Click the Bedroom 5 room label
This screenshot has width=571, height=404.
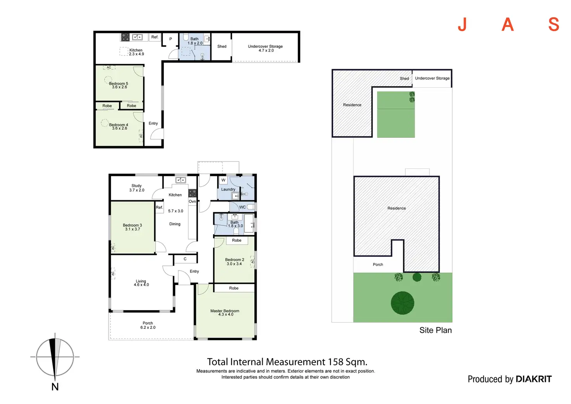pos(118,83)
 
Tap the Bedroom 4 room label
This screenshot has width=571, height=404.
pos(118,125)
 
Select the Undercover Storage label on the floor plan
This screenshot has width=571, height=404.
pos(265,47)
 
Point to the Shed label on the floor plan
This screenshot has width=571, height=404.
pos(222,47)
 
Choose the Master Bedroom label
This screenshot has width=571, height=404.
pos(225,311)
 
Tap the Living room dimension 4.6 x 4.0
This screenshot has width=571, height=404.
pos(141,285)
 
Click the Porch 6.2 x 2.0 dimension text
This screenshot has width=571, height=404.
pos(148,328)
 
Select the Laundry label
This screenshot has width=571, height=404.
pos(228,189)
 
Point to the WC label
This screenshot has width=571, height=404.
pos(242,207)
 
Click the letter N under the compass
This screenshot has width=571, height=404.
pos(55,387)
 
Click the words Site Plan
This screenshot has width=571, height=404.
pos(435,330)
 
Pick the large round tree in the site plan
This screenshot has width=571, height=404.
pos(402,303)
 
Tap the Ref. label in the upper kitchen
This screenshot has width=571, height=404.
pos(155,37)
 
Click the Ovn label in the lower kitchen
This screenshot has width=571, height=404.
pos(192,201)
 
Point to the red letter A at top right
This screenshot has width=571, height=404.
pos(507,25)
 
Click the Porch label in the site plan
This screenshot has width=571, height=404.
pos(378,265)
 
